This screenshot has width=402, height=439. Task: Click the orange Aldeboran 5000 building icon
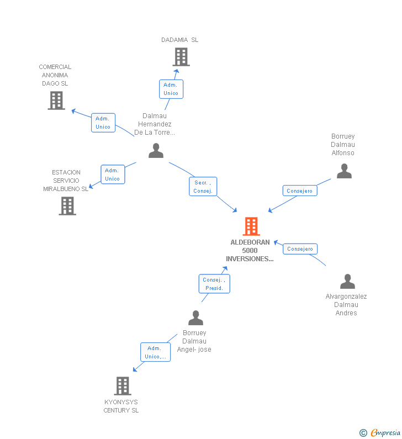click(x=251, y=226)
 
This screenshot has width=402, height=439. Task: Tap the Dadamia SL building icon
click(x=181, y=57)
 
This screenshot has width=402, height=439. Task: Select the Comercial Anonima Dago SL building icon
click(x=56, y=101)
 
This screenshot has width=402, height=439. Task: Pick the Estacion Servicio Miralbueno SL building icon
click(x=67, y=206)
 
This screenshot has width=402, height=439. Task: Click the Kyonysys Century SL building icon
click(x=123, y=385)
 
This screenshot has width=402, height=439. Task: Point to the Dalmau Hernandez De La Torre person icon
click(x=156, y=150)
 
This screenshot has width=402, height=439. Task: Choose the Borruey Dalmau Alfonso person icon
click(x=344, y=171)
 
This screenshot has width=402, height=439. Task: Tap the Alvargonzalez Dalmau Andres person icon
click(x=347, y=282)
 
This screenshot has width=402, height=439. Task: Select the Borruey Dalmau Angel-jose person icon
click(x=196, y=318)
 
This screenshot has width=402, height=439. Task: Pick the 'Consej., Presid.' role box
click(x=214, y=284)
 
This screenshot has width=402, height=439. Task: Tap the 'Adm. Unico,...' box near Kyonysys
click(x=155, y=352)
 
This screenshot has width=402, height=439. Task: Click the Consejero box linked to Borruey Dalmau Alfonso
click(x=300, y=191)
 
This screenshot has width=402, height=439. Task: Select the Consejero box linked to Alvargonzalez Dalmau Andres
click(x=300, y=249)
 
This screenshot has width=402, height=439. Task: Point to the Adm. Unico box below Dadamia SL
click(x=171, y=89)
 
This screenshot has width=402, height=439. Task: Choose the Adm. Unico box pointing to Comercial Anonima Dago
click(x=103, y=123)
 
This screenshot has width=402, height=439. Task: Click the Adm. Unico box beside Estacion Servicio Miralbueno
click(x=113, y=174)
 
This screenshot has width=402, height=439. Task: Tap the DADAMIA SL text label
click(x=180, y=40)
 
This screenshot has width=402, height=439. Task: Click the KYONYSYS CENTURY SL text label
click(x=121, y=406)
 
